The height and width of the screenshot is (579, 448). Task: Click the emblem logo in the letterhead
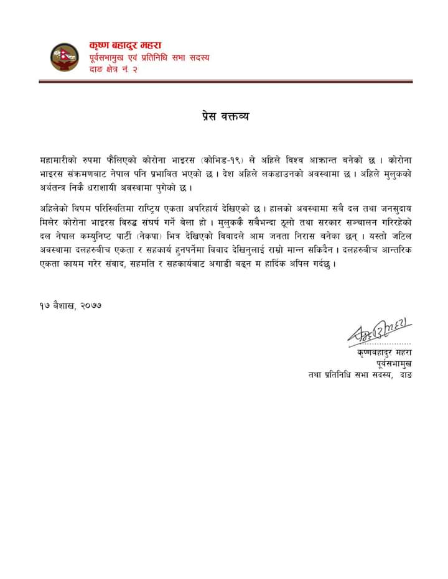click(63, 57)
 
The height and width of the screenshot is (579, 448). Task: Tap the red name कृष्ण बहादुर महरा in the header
click(125, 45)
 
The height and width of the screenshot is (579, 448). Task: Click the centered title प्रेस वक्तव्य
click(225, 116)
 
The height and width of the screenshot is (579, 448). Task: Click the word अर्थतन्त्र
click(58, 188)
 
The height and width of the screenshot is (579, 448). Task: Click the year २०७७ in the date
click(88, 305)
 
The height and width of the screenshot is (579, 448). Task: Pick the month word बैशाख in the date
click(61, 305)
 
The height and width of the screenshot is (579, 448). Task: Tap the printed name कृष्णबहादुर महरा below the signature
click(384, 353)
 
